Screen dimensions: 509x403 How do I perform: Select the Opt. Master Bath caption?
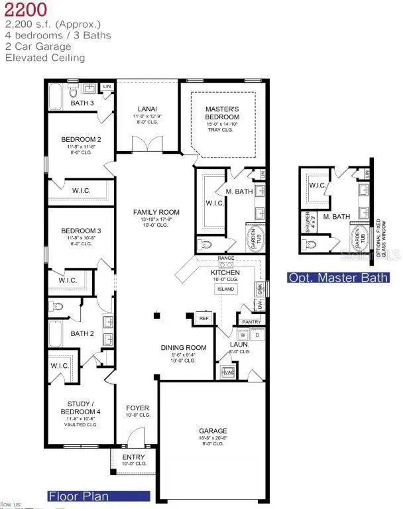pyautogui.click(x=338, y=278)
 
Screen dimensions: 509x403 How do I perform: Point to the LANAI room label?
pyautogui.click(x=147, y=109)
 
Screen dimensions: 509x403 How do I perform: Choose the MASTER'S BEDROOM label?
pyautogui.click(x=221, y=113)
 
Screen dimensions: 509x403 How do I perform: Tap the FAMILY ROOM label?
pyautogui.click(x=156, y=212)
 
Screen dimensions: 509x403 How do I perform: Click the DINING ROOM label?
pyautogui.click(x=184, y=348)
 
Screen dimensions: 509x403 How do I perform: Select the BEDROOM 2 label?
pyautogui.click(x=80, y=139)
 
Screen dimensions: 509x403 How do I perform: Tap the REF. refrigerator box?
pyautogui.click(x=205, y=319)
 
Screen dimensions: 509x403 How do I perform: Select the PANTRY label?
pyautogui.click(x=251, y=322)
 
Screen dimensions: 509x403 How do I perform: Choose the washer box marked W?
pyautogui.click(x=245, y=335)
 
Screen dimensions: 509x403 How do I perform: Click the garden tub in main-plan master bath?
pyautogui.click(x=255, y=239)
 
